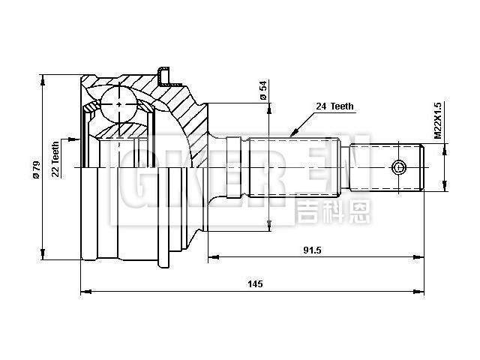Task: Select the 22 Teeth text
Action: (55, 158)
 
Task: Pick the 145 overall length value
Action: (255, 283)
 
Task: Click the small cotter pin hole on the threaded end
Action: (400, 166)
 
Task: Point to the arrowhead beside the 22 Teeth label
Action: (73, 139)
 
